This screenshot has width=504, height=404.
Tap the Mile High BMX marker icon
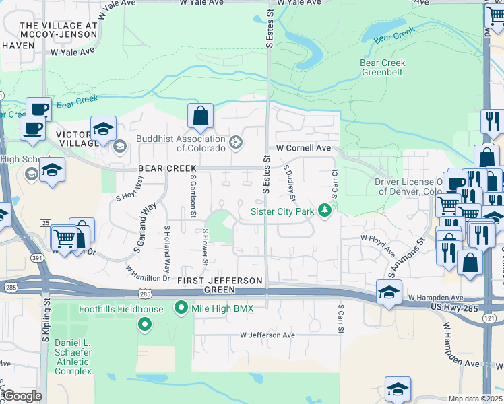point(181,308)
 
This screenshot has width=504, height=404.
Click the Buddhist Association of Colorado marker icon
point(235,142)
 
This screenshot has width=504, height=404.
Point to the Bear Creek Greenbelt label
point(383,67)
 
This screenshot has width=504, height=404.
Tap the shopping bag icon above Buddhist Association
point(201,117)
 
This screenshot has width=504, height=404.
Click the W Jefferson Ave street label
point(267,335)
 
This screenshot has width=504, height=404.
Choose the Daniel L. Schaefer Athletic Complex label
point(73,357)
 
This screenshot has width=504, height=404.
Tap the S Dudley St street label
point(290,182)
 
